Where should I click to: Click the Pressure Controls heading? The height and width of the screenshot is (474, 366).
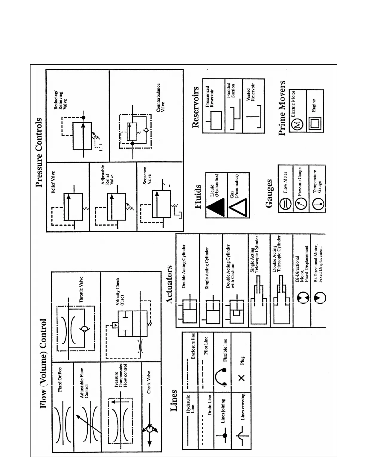tap(39, 153)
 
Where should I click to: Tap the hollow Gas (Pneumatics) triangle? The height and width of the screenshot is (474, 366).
tap(238, 208)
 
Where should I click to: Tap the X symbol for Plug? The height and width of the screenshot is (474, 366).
tap(242, 378)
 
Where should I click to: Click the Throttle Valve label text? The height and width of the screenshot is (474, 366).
tap(81, 289)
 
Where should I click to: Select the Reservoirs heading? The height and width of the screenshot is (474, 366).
tap(196, 107)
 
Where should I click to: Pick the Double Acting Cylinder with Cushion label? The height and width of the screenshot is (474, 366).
tap(230, 266)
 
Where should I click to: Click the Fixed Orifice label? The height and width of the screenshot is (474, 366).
tap(60, 379)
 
